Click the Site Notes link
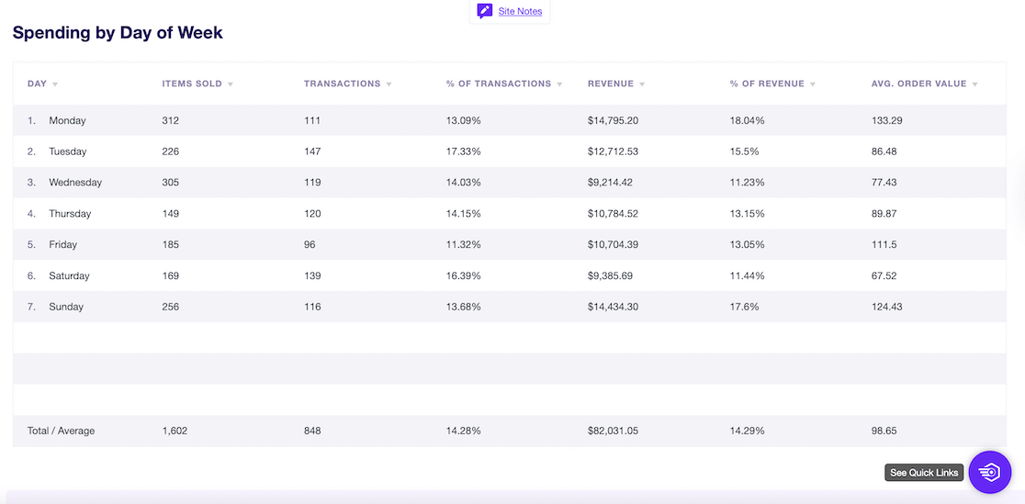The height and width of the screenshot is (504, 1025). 520,12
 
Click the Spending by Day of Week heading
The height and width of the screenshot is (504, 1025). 118,33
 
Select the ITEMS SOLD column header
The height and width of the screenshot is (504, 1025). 192,84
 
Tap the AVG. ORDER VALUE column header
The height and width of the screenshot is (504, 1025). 918,84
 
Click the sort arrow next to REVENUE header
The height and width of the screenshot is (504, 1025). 642,84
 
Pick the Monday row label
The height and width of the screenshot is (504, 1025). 67,120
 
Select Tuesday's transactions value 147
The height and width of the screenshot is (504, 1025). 312,151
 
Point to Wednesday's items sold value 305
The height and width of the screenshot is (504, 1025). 171,183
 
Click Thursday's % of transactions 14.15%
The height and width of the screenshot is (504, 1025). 464,214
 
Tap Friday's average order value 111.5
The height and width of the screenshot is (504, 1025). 884,245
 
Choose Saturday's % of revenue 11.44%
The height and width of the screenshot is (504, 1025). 747,276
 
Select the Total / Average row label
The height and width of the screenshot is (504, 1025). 61,431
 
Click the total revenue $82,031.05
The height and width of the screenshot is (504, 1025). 613,431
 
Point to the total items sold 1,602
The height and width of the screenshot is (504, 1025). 175,431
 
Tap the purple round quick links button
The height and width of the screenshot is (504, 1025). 989,472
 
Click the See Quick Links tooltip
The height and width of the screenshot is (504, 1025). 924,473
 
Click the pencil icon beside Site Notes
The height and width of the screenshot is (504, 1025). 485,12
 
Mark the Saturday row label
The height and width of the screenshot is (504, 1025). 69,276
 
